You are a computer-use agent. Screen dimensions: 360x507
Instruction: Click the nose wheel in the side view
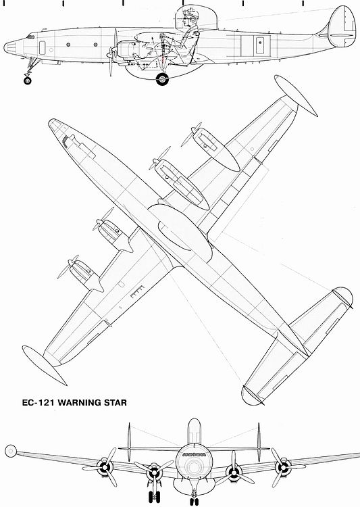coord(28,80)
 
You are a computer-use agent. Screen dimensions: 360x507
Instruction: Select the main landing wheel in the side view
coord(162,79)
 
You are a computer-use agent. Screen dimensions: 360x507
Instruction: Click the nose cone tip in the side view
coord(5,47)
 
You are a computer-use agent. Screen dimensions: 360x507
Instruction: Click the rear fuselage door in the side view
coord(260,45)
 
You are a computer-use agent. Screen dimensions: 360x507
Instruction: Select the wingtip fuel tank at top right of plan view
coord(296,96)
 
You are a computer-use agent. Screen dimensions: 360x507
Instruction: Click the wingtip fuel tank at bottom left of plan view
coord(45,365)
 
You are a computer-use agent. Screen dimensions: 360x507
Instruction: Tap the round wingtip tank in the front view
coord(11,450)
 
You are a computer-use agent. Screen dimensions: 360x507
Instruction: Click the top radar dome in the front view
coord(195,431)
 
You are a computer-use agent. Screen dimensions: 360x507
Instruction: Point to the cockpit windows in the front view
coord(194,455)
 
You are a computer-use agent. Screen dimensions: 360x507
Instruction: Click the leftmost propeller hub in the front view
coord(105,466)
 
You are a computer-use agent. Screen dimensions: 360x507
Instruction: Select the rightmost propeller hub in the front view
coord(283,467)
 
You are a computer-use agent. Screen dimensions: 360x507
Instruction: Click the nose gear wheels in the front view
coord(195,502)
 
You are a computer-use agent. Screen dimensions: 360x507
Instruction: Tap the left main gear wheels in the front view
coord(154,497)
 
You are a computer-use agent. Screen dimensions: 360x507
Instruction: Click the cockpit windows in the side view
coord(30,37)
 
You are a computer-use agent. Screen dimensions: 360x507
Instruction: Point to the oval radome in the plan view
coord(180,232)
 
